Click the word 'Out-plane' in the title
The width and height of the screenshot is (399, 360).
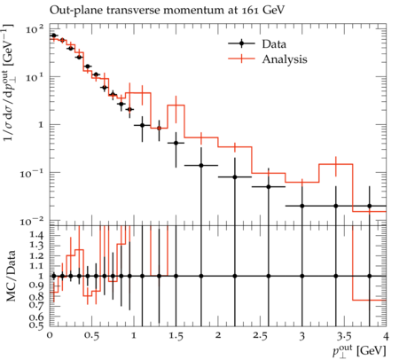[76, 11]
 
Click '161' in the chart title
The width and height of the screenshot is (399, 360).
[250, 11]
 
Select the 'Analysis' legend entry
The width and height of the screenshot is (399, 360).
[268, 59]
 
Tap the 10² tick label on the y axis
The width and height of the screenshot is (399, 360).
[35, 29]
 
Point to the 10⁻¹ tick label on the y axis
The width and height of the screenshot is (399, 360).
[32, 173]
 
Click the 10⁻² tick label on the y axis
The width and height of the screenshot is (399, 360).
[32, 221]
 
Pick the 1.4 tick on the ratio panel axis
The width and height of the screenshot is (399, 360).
[37, 235]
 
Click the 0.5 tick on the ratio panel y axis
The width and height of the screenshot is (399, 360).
[37, 325]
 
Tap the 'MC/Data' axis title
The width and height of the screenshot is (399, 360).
[11, 276]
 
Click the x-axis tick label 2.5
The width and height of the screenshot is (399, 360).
[260, 336]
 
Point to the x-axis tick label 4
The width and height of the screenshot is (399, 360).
[386, 336]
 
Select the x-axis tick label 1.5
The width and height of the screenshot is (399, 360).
[176, 336]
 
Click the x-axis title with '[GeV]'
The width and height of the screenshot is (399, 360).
[359, 351]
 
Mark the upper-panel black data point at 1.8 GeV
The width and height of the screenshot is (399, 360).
[201, 166]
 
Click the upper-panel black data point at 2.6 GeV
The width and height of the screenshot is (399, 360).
[269, 187]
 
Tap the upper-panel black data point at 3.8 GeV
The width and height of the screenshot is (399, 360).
[370, 206]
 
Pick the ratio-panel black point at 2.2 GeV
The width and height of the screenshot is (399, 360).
[235, 276]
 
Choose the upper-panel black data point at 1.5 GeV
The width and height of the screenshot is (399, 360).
[176, 143]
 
